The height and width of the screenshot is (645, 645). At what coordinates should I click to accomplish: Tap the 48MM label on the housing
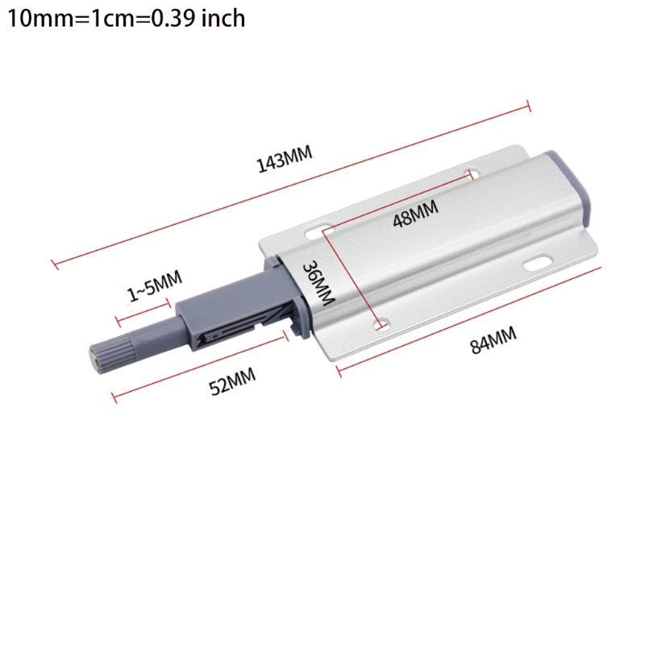click(x=415, y=215)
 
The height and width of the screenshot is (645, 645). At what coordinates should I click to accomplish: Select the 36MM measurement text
click(x=318, y=282)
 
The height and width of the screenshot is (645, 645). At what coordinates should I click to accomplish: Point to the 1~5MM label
click(x=155, y=288)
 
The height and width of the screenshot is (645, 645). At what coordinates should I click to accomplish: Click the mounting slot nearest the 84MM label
click(x=535, y=263)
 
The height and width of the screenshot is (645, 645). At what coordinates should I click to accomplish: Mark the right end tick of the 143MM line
click(x=528, y=105)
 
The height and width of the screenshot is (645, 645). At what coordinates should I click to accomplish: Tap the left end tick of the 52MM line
click(x=114, y=397)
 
